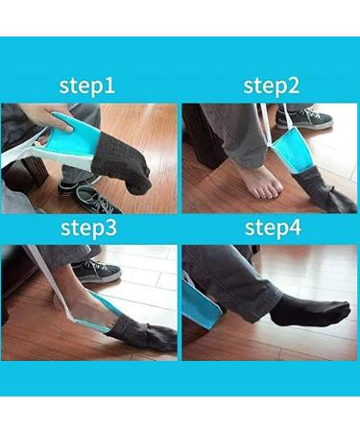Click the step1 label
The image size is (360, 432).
[87, 85]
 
